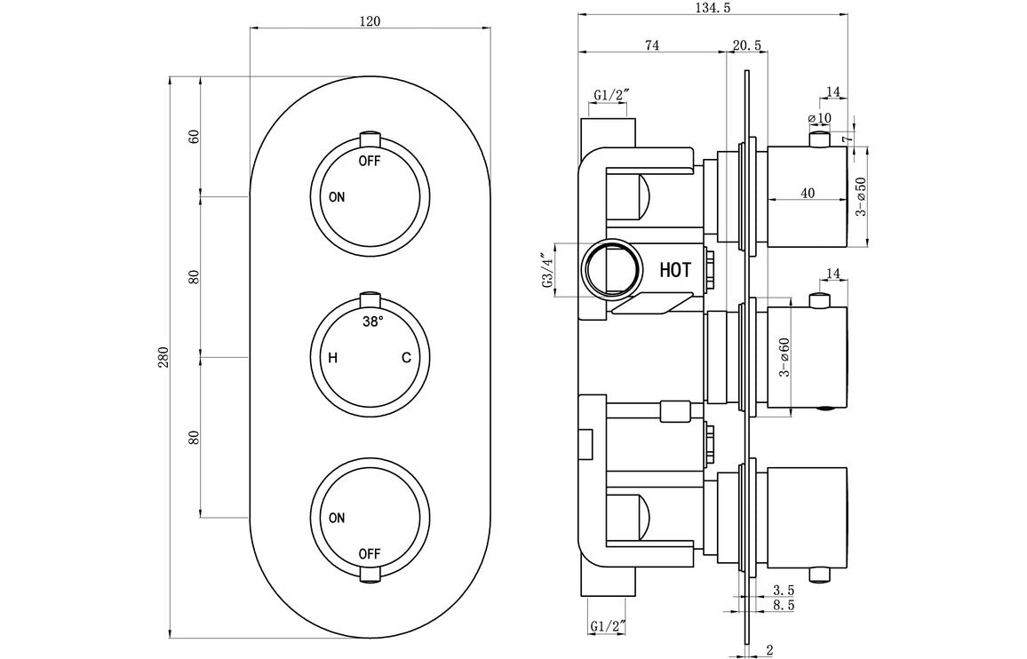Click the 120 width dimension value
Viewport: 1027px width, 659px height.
point(370,20)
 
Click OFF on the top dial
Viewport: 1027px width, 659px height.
point(370,162)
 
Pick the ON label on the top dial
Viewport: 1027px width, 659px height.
point(336,197)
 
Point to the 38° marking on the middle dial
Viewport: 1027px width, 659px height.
point(372,322)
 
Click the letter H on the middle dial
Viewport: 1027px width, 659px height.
point(332,358)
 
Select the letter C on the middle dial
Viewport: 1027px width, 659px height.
point(405,358)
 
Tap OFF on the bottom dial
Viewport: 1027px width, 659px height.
point(370,554)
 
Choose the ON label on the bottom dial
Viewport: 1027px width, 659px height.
point(336,518)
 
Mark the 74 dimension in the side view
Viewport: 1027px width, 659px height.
point(651,45)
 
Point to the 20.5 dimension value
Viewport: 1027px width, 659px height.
point(746,45)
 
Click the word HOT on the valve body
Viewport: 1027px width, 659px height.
point(675,270)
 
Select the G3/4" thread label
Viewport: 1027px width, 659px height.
point(546,270)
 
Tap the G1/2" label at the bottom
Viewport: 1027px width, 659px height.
point(609,628)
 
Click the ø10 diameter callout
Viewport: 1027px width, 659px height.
point(818,117)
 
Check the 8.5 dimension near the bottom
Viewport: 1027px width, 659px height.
point(783,605)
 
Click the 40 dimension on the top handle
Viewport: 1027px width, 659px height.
point(807,194)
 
